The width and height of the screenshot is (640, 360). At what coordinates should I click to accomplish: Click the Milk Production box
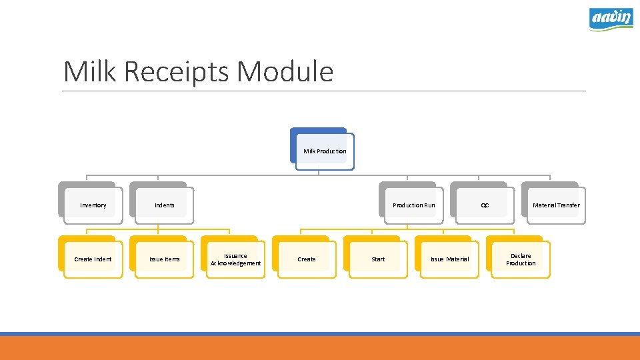(x=325, y=151)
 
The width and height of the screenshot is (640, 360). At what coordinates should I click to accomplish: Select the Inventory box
(x=93, y=205)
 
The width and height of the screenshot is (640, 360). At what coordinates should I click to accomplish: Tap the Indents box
(x=164, y=205)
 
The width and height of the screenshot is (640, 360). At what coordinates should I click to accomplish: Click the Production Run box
(x=413, y=205)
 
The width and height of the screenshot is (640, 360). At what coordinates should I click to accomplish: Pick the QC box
(x=485, y=205)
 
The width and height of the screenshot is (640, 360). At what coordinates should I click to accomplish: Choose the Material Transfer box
(x=555, y=205)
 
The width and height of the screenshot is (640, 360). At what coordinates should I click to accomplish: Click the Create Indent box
(x=93, y=259)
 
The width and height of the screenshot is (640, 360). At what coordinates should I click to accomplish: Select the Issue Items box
(x=164, y=259)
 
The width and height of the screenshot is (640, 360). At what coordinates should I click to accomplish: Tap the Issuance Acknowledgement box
(x=235, y=259)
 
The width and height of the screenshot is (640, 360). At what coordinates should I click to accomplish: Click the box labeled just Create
(x=307, y=259)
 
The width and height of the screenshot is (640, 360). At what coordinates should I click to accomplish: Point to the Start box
(x=378, y=259)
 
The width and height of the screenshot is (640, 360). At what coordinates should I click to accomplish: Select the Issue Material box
(x=449, y=259)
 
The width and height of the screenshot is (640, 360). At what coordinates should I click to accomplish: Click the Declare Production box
(x=521, y=259)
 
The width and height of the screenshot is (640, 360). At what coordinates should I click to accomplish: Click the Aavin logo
(x=611, y=19)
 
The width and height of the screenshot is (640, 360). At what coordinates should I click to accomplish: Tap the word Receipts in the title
(x=178, y=71)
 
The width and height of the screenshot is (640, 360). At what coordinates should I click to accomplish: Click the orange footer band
(x=320, y=348)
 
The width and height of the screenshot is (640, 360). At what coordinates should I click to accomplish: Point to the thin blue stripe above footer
(x=320, y=334)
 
